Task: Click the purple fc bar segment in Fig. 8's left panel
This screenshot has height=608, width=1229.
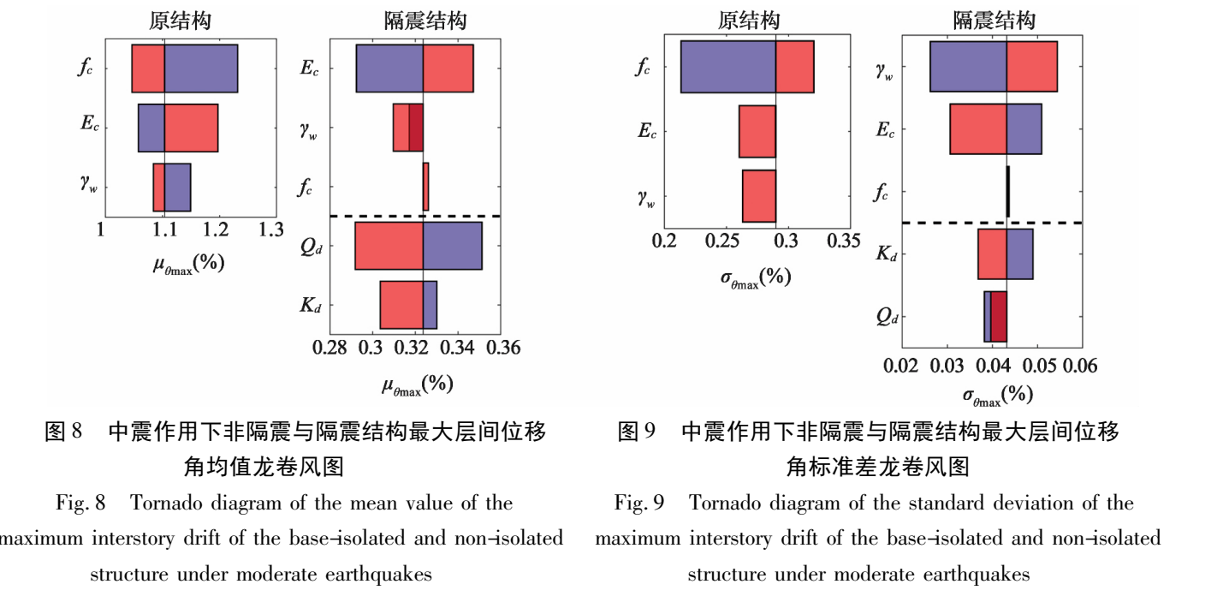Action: [201, 69]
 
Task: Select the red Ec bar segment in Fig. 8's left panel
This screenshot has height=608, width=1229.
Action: [191, 128]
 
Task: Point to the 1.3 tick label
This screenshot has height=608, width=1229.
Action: [270, 229]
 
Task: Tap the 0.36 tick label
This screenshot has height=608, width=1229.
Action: [503, 348]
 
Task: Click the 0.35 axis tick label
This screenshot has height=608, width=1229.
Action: [844, 241]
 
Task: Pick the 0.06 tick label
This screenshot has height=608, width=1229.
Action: [1080, 366]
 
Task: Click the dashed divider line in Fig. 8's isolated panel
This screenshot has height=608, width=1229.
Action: [415, 216]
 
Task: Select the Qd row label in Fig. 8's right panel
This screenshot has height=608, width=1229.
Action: [311, 247]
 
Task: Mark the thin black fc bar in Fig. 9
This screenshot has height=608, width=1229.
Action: [1008, 192]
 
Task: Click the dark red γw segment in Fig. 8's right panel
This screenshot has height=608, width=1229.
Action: [416, 128]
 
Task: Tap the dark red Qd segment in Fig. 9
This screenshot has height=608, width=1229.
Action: [999, 317]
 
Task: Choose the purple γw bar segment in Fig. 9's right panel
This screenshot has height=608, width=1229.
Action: [968, 67]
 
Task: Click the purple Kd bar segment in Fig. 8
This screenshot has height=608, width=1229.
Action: [430, 305]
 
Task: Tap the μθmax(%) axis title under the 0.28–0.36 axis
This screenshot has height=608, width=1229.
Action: [418, 385]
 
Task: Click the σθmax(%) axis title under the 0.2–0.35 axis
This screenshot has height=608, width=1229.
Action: [756, 278]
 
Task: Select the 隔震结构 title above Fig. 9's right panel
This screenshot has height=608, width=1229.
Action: [994, 21]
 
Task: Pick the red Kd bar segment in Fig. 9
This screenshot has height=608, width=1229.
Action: [992, 254]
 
